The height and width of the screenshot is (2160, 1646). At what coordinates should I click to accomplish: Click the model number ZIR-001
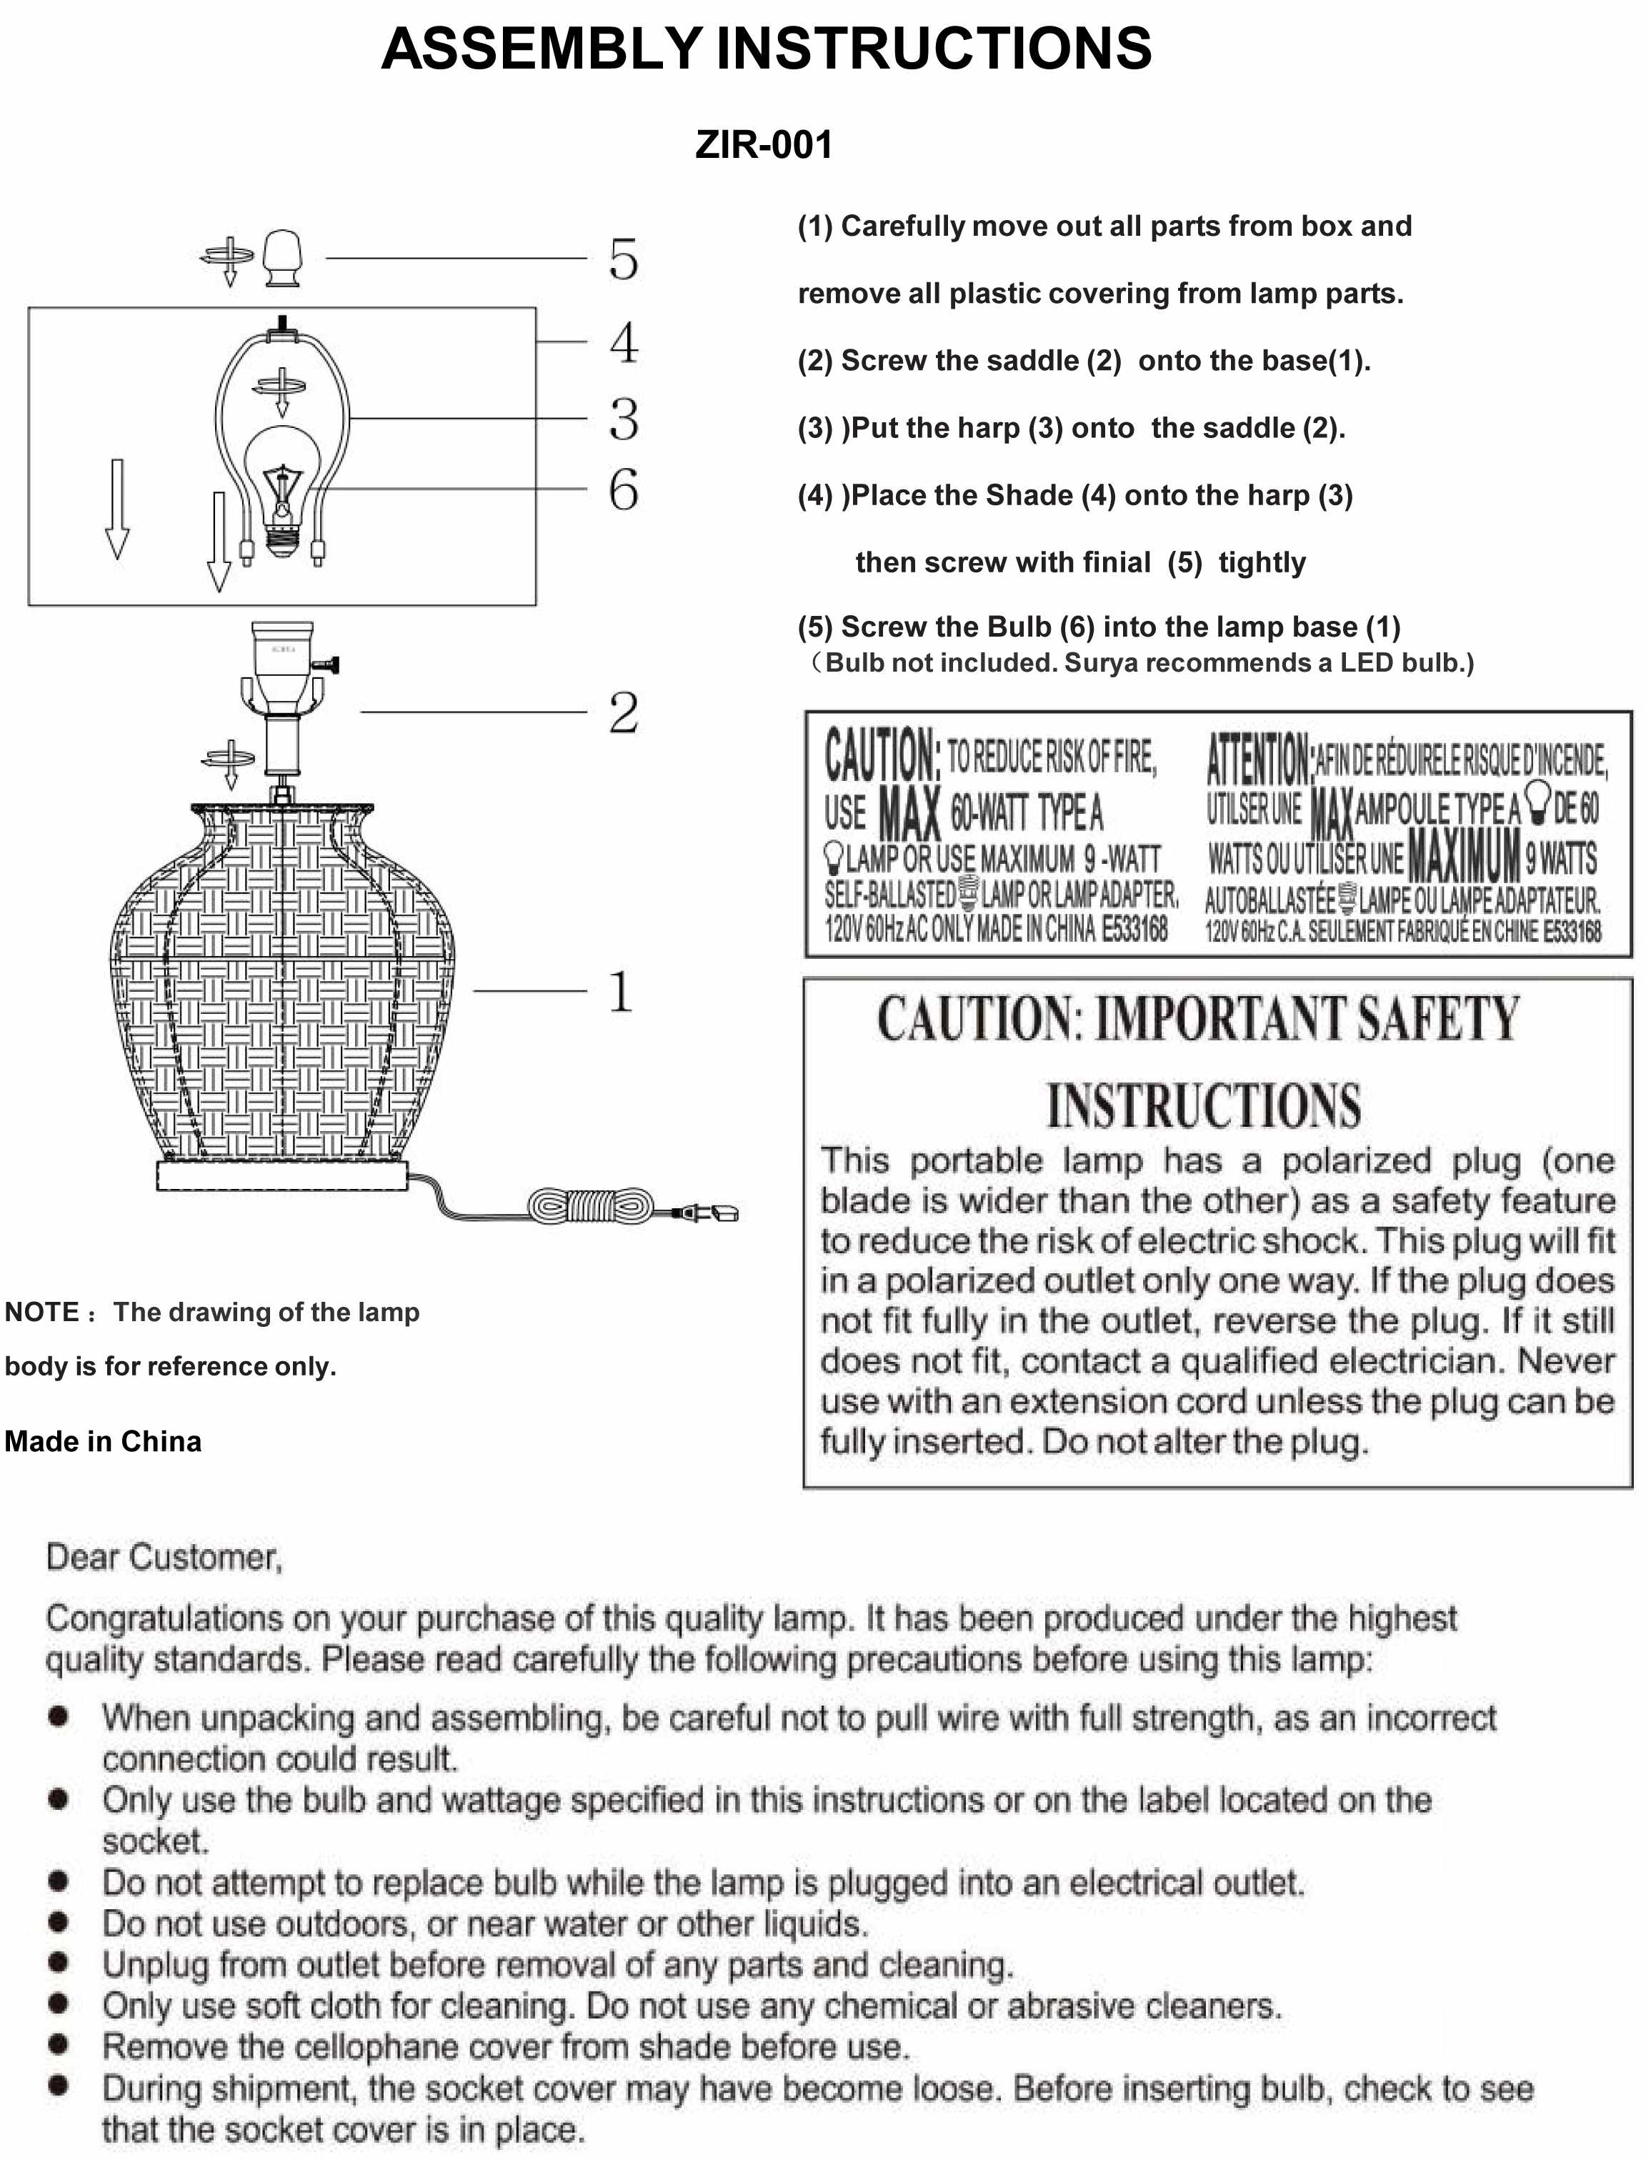[763, 145]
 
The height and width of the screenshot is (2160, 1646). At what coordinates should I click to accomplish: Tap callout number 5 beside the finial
[623, 259]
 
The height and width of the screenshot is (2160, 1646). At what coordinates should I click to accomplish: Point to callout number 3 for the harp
[623, 419]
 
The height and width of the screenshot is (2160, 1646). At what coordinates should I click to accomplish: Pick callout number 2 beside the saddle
[623, 712]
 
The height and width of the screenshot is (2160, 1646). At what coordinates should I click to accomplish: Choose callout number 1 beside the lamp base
[620, 992]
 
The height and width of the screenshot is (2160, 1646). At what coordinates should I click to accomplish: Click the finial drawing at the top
[283, 258]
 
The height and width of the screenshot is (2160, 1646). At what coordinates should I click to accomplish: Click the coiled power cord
[591, 1205]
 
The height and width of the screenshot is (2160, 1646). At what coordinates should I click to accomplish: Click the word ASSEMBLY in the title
[541, 49]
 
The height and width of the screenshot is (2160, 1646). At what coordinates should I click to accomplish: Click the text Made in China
[103, 1442]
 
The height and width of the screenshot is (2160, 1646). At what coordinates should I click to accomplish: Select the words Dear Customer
[164, 1557]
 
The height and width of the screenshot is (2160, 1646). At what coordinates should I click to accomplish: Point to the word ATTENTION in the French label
[1258, 757]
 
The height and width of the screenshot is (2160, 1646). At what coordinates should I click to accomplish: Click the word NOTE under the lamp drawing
[41, 1313]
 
